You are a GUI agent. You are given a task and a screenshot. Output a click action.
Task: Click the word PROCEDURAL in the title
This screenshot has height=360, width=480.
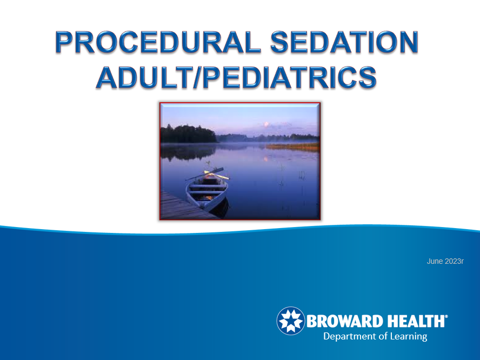pyautogui.click(x=158, y=42)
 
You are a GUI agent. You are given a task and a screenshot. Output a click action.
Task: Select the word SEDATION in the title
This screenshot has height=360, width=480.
pyautogui.click(x=344, y=42)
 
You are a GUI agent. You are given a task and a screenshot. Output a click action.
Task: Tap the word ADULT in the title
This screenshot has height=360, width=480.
pyautogui.click(x=144, y=77)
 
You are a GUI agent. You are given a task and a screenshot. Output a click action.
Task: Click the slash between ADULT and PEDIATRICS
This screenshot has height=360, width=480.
pyautogui.click(x=197, y=77)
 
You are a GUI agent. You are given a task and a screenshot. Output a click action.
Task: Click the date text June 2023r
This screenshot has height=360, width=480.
pyautogui.click(x=445, y=261)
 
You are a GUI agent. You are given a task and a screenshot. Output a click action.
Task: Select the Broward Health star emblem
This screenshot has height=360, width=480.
pyautogui.click(x=291, y=321)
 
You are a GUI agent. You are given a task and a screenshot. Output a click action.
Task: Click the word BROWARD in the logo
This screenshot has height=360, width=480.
pyautogui.click(x=345, y=321)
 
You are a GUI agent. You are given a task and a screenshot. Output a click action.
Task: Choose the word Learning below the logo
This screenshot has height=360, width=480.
pyautogui.click(x=408, y=336)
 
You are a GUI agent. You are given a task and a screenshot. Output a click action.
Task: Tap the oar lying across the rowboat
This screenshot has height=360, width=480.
pyautogui.click(x=204, y=174)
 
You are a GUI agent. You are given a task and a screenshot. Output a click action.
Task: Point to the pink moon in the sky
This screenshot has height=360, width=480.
pyautogui.click(x=266, y=124)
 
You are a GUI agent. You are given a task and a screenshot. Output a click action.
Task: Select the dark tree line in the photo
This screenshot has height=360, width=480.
pyautogui.click(x=188, y=134)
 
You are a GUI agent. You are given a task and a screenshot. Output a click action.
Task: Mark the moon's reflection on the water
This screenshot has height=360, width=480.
pyautogui.click(x=266, y=159)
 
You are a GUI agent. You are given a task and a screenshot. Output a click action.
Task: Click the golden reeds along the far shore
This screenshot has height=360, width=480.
pyautogui.click(x=292, y=147)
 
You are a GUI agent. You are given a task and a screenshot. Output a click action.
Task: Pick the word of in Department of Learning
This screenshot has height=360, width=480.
pyautogui.click(x=382, y=336)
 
